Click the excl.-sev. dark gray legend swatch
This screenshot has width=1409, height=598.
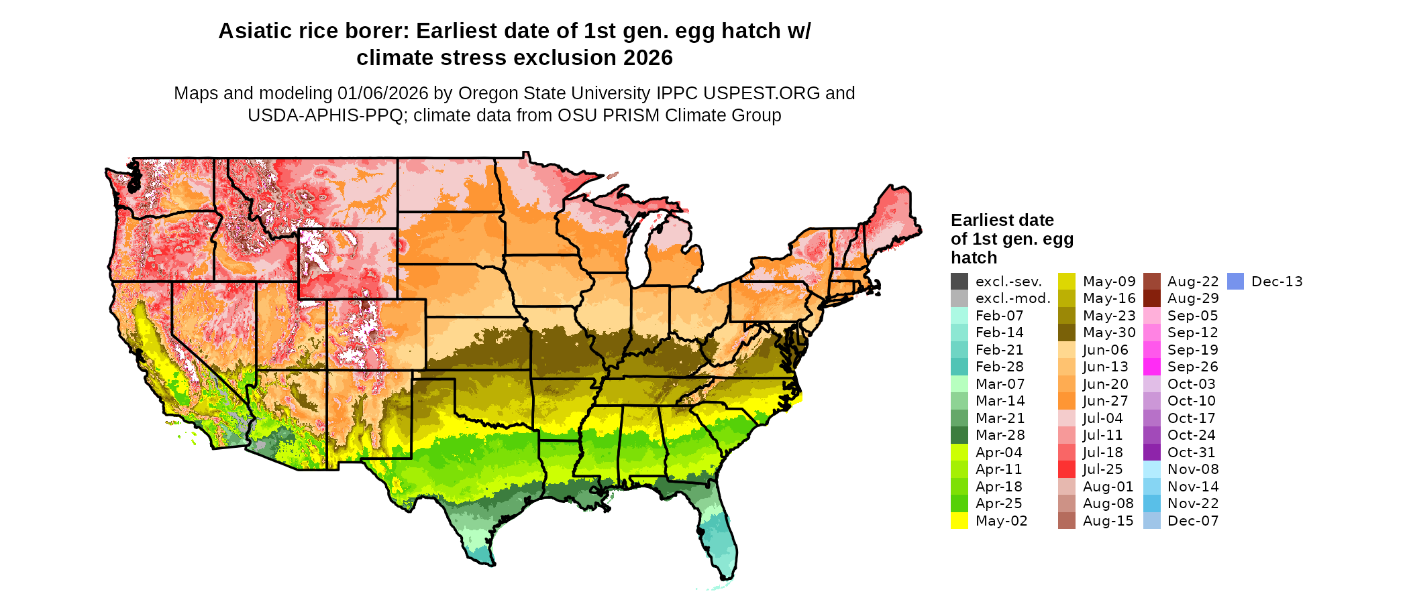(959, 282)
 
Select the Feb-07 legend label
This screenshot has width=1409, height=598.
(999, 316)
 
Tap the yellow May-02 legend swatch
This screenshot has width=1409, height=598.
(959, 521)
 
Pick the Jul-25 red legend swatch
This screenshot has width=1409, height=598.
(1067, 469)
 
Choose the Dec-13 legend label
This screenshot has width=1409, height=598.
(1277, 282)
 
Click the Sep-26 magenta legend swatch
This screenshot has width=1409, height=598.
(1151, 367)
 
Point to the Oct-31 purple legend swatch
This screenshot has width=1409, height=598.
(1151, 453)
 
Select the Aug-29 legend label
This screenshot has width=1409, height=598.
(1193, 298)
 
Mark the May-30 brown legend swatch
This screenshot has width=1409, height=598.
(1067, 333)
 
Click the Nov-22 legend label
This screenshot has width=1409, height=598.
(1193, 503)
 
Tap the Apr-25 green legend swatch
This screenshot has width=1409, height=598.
(959, 503)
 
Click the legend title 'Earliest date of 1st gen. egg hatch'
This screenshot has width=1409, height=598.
(1011, 239)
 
